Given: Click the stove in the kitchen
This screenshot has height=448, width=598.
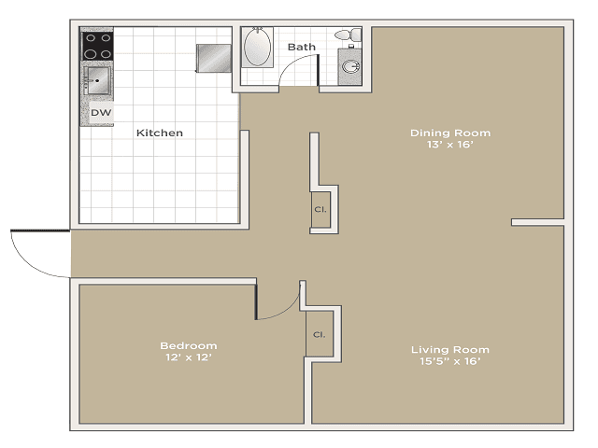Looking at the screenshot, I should coord(98,45).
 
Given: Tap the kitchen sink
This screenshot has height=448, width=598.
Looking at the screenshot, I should coord(97,81).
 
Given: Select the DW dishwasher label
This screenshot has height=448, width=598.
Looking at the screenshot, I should coord(100,113).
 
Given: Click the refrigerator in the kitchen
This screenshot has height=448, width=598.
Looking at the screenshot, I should coord(213,58).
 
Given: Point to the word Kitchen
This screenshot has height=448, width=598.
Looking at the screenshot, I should coord(160,133).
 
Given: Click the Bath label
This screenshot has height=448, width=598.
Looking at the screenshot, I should coord(302,46).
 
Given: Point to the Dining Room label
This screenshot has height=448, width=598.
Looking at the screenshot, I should coord(450,133).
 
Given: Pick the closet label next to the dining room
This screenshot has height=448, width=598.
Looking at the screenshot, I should coord(320,209).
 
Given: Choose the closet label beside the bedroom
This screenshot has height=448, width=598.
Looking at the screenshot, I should coord(319,334).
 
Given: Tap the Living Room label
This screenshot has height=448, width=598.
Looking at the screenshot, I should coord(450,350).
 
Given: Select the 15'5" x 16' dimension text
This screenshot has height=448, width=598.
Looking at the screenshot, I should coord(450,362).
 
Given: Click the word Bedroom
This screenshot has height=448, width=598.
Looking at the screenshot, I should coord(188,345).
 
